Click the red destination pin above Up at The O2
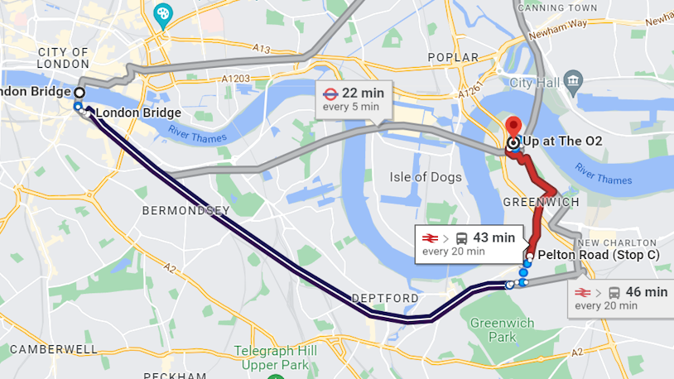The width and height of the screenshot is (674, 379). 513,127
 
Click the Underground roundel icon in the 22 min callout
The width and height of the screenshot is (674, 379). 329,93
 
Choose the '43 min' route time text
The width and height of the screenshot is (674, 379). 493,237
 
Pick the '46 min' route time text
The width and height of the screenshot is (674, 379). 647,291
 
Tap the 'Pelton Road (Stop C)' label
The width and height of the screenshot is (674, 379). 598,255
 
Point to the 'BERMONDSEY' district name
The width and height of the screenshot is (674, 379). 185,211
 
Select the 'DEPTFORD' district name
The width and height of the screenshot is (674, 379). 384,298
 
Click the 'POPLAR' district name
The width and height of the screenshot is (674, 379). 453,57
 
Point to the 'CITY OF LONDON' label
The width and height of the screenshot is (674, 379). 62,58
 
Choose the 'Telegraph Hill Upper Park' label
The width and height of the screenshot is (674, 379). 276,357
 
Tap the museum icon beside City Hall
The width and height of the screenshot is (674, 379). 572,80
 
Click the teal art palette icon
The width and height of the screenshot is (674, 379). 163,14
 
